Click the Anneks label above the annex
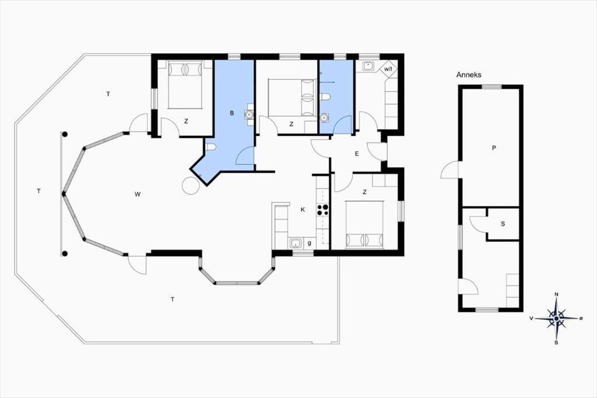(469, 75)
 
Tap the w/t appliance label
(388, 69)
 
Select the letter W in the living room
(138, 194)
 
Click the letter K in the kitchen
(303, 210)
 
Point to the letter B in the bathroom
(231, 113)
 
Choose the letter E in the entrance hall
(357, 154)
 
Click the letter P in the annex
(494, 148)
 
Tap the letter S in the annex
(503, 224)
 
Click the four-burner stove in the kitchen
(323, 210)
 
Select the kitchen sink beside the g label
(296, 243)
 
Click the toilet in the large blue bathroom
(210, 147)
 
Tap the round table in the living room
(191, 186)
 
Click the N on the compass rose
(556, 294)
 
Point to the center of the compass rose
(556, 318)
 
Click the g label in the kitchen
(310, 243)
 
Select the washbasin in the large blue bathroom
(249, 114)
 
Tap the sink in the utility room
(368, 66)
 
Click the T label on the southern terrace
(173, 299)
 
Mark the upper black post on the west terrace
(65, 134)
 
